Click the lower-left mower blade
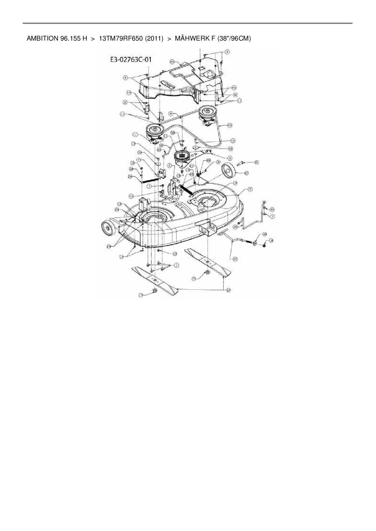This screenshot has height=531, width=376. pyautogui.click(x=155, y=280)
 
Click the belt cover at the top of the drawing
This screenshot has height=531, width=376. pyautogui.click(x=179, y=80)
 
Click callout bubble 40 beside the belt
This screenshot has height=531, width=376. pyautogui.click(x=230, y=125)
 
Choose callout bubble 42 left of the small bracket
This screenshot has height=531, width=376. pyautogui.click(x=131, y=196)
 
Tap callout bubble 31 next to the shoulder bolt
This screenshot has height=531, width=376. pyautogui.click(x=256, y=163)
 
